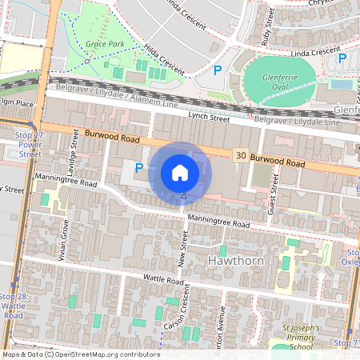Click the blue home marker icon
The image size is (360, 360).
coord(180,172)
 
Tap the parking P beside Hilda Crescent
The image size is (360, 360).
coord(216,70)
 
